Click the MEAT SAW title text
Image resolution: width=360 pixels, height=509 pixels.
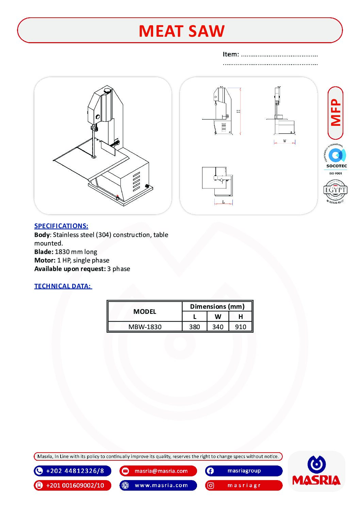181,31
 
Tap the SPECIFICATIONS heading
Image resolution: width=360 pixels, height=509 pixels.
61,226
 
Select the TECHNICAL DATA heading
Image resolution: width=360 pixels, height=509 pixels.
63,286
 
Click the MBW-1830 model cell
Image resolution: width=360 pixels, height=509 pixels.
145,327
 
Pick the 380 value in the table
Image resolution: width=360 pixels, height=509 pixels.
195,327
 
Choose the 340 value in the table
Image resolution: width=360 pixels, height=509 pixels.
218,327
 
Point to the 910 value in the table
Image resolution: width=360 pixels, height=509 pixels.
241,327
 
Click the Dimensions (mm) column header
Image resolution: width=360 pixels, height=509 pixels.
217,306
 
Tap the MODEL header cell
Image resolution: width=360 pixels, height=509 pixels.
145,311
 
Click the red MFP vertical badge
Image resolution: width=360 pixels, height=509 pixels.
336,113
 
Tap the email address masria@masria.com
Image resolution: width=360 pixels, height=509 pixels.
161,471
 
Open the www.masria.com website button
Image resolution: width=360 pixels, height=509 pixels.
161,485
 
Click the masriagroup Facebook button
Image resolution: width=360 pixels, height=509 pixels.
244,471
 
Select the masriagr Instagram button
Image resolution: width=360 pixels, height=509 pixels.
244,485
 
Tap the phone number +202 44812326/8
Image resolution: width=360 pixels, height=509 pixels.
75,471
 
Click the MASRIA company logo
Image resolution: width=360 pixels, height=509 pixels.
316,471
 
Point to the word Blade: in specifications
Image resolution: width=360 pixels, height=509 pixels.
44,252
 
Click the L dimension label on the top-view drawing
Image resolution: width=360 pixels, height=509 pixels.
224,202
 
